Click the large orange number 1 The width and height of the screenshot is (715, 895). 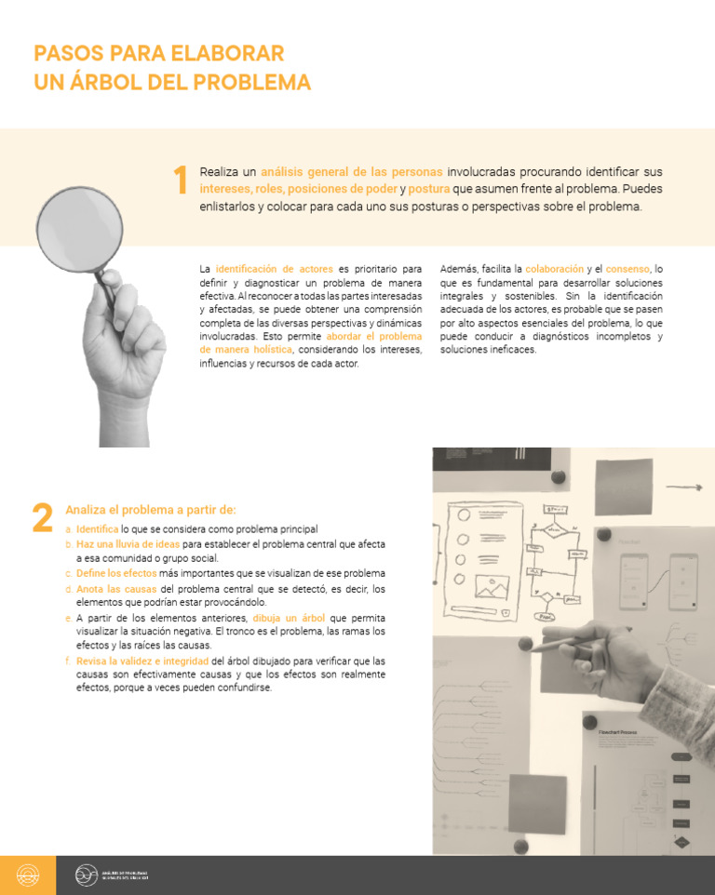181,180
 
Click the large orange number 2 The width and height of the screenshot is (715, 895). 42,518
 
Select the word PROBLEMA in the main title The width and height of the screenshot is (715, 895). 251,82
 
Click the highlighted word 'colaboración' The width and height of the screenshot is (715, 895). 554,269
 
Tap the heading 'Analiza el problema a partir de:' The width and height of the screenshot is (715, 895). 151,510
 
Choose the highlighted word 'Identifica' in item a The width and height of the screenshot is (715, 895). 98,529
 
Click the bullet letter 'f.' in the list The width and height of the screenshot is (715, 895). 68,661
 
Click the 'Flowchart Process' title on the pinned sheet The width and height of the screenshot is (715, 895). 617,732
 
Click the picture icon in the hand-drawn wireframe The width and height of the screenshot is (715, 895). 490,586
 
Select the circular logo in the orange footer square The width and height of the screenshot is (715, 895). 28,875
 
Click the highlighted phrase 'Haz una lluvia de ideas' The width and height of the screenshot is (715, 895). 128,544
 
